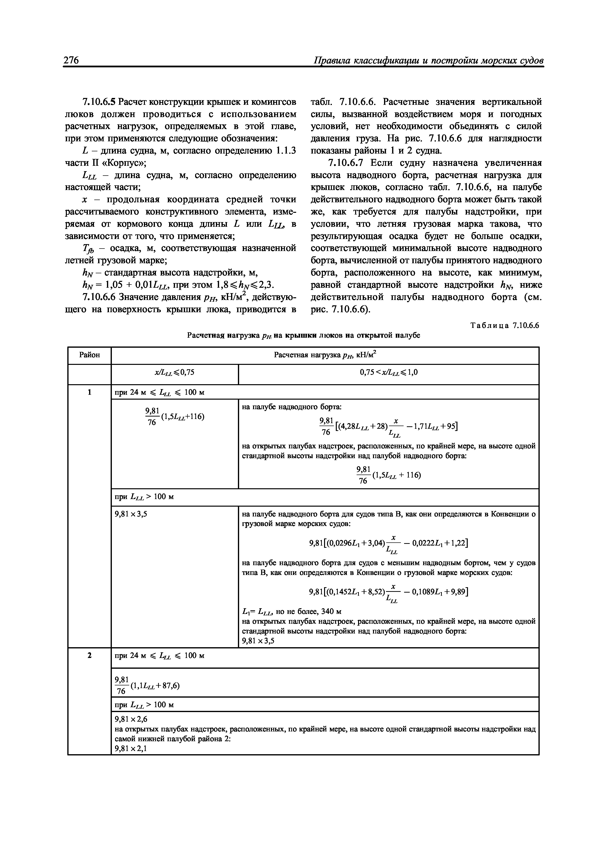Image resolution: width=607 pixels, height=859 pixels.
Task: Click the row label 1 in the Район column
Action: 89,393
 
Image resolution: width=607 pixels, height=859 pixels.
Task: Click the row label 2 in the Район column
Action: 89,656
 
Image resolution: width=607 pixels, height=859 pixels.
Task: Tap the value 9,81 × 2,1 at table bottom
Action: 131,749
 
